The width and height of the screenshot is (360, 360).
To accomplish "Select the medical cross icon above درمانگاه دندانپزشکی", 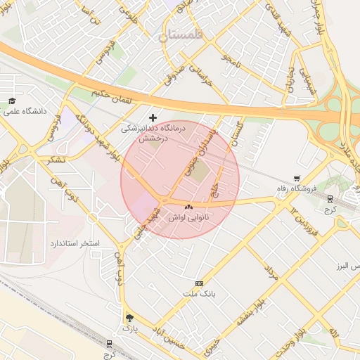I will coord(153,117).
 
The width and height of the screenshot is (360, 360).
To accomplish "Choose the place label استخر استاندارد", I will coord(75,243).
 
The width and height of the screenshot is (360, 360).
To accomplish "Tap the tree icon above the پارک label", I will coord(129,317).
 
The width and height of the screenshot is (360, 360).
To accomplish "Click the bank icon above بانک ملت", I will coord(200,283).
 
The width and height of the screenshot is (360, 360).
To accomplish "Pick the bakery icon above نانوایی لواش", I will coord(188,207).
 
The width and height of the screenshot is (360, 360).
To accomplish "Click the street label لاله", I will coord(335,331).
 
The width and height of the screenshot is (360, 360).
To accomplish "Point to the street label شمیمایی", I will coord(308,82).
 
